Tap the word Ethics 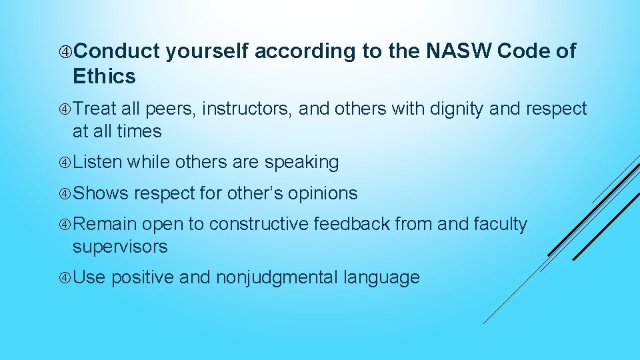(x=104, y=77)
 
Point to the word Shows (x=100, y=193)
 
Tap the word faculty (x=500, y=225)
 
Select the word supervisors (x=120, y=247)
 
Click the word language (x=381, y=278)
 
